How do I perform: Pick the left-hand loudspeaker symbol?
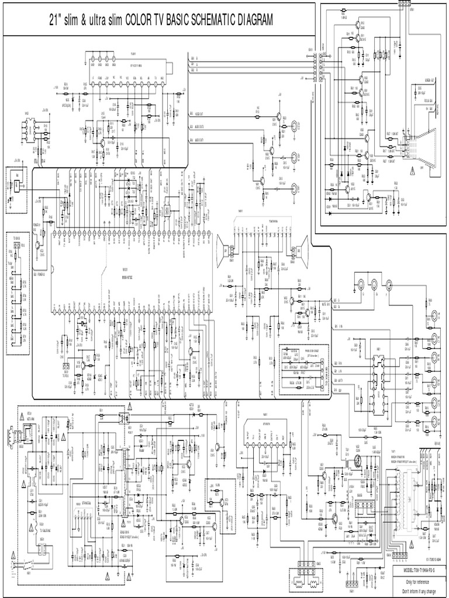click(x=223, y=248)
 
